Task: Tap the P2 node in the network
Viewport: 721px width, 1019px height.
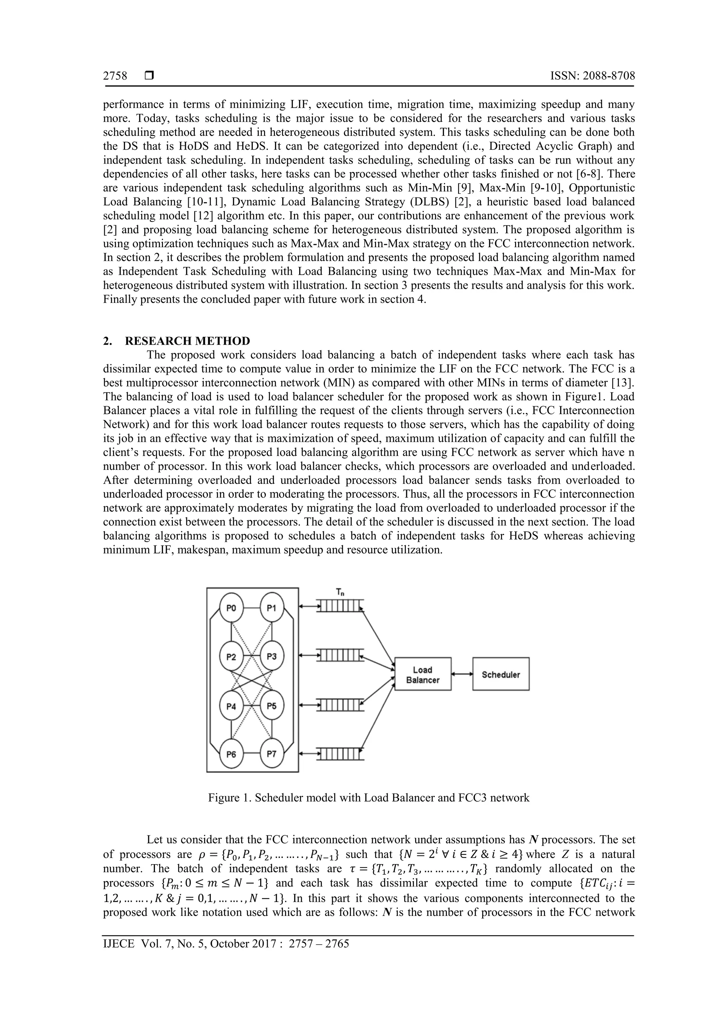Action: [231, 657]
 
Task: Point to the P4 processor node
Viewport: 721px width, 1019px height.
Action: [231, 706]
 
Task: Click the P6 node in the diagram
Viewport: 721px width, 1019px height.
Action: [231, 753]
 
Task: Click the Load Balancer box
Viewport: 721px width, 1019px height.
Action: [422, 675]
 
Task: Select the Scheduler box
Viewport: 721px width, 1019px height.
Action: [501, 675]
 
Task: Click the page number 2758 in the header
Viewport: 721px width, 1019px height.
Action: [115, 76]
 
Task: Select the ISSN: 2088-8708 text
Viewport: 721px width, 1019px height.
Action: [592, 76]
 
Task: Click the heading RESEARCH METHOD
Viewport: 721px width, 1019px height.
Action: [187, 341]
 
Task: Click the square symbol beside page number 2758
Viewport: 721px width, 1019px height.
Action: [149, 76]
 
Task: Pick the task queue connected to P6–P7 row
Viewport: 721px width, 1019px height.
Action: [340, 753]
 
